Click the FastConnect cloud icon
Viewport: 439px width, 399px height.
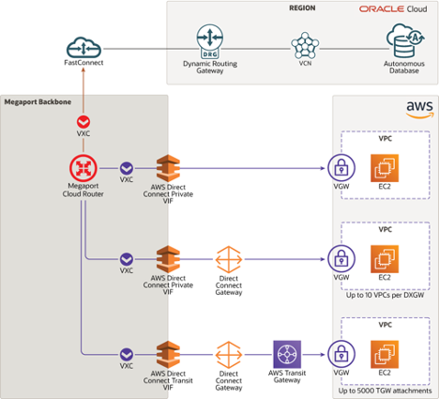pos(84,47)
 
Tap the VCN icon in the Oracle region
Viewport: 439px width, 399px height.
pos(304,44)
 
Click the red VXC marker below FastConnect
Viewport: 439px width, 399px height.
pos(84,122)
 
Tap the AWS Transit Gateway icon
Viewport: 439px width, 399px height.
pos(286,354)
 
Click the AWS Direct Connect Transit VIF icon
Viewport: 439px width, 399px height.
pos(168,354)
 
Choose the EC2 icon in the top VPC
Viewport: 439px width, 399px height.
pos(385,170)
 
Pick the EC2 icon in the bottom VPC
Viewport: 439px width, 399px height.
pos(385,354)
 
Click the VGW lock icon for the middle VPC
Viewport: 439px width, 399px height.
pos(340,258)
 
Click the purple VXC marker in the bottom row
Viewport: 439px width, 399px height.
pos(126,354)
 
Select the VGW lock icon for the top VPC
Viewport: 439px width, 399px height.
pos(340,170)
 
